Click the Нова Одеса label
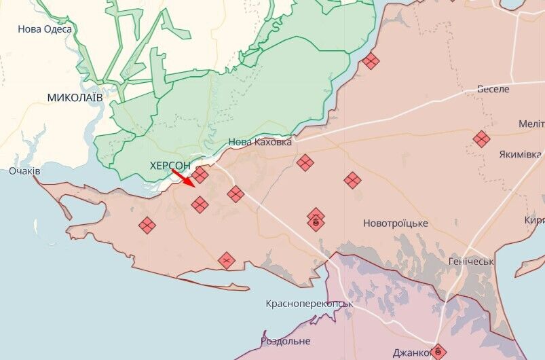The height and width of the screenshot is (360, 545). [x=45, y=29]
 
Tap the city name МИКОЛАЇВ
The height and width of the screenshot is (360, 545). [x=75, y=98]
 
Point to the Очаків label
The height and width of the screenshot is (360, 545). [x=24, y=171]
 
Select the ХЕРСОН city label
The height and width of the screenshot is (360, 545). [x=170, y=166]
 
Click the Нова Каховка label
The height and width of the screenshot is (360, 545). [x=260, y=142]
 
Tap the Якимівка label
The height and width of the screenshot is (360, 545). [x=521, y=154]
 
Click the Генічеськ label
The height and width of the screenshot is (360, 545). [x=471, y=262]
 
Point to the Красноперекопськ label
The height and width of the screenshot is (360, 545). [x=309, y=304]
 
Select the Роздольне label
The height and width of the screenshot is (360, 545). [x=286, y=341]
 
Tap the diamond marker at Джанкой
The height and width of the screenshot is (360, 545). [x=438, y=351]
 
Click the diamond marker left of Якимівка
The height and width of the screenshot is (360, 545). [x=481, y=139]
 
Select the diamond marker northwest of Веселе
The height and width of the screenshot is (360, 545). [x=371, y=62]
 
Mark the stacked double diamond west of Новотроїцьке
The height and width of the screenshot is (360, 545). [x=316, y=219]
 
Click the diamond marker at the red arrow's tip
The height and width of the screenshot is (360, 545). [x=200, y=176]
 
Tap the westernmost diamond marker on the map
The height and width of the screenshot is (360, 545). [x=147, y=225]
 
